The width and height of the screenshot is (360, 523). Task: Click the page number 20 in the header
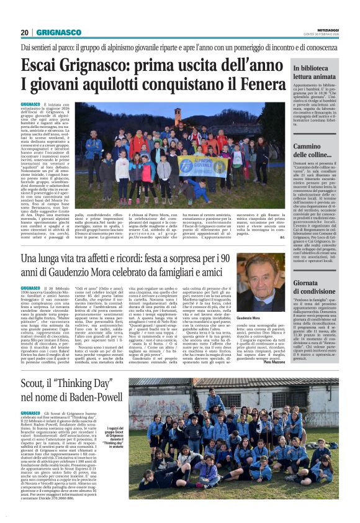[25, 32]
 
